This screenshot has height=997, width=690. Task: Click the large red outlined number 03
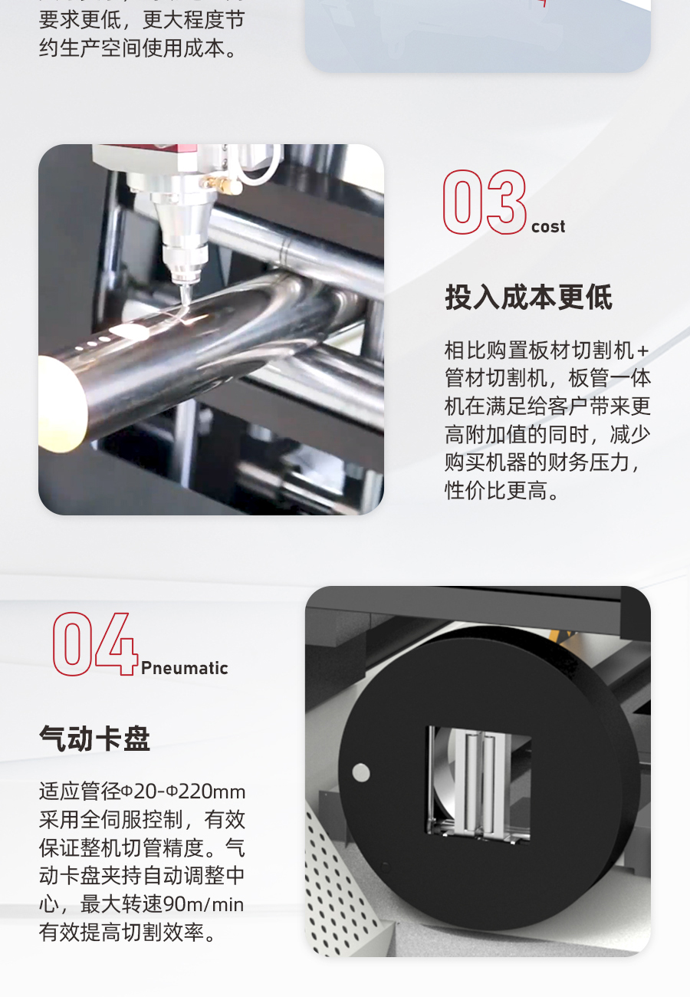tap(485, 202)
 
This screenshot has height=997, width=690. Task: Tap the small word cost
tap(548, 226)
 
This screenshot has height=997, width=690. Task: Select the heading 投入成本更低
tap(529, 298)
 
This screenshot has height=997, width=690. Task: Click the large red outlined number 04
tap(95, 644)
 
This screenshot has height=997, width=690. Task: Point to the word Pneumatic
tap(185, 668)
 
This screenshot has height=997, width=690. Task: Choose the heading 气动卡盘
tap(95, 739)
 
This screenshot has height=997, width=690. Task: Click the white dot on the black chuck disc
tap(361, 773)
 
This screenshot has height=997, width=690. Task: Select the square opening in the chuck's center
tap(478, 785)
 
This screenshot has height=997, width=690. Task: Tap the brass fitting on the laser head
tap(221, 184)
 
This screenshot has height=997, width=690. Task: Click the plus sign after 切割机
tap(642, 351)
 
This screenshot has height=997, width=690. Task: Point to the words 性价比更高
tap(496, 491)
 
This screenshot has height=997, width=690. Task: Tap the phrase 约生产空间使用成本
tap(132, 48)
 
